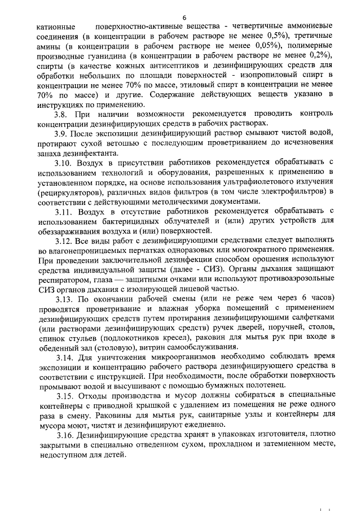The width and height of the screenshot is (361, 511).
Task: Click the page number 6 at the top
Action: click(184, 16)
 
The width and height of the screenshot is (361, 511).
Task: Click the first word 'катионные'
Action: click(56, 27)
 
